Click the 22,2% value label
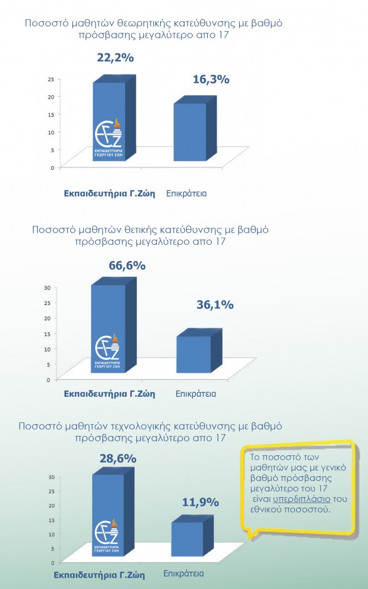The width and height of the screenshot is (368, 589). [115, 58]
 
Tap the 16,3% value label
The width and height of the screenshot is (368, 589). [211, 80]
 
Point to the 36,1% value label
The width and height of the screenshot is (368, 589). [215, 305]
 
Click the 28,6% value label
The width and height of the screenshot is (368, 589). [118, 458]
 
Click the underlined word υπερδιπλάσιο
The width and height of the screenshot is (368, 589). [302, 499]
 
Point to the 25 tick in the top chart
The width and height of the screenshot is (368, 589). [51, 79]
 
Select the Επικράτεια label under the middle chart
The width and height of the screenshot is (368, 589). [196, 393]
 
